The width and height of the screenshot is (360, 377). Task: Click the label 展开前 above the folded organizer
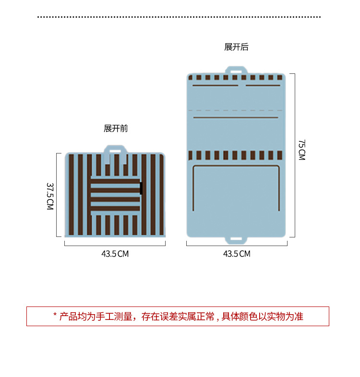(116, 129)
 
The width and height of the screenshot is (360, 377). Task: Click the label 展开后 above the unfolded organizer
(236, 47)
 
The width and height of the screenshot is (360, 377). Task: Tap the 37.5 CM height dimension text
(50, 195)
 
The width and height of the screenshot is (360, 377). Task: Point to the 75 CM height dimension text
(301, 150)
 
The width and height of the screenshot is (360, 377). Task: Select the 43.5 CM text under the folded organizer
(115, 254)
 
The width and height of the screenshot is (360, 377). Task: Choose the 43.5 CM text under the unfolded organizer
(237, 254)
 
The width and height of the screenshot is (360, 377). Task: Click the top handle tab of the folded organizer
(115, 150)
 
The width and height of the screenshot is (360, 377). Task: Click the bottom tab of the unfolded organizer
(236, 238)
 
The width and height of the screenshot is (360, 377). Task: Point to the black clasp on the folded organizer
(141, 188)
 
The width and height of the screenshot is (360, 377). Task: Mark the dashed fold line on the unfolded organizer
(236, 110)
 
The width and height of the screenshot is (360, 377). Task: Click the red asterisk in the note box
(55, 316)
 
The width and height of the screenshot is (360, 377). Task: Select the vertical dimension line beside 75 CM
(294, 155)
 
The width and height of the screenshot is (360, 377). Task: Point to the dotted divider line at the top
(179, 17)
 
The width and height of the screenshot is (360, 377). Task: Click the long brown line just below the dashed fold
(235, 118)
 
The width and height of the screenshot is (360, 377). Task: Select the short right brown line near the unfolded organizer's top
(262, 86)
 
